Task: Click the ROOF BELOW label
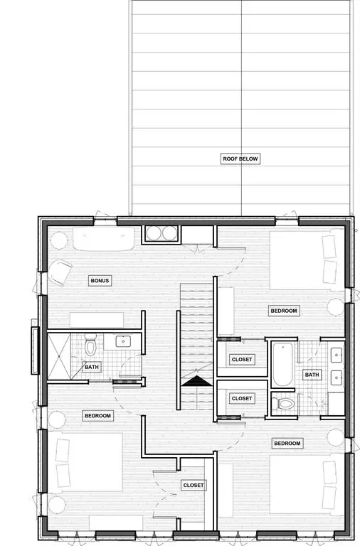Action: click(240, 159)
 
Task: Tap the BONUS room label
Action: click(100, 281)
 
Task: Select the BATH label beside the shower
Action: click(92, 367)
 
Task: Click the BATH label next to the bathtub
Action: click(312, 375)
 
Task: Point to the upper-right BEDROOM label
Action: click(284, 311)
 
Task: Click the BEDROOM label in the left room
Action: click(97, 416)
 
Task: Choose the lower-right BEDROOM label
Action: click(287, 444)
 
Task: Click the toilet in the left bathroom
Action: click(90, 344)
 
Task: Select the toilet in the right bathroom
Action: click(284, 404)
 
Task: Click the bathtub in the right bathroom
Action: click(282, 365)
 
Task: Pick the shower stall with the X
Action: click(59, 356)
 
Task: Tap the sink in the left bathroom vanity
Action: click(123, 341)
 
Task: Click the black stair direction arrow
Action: click(197, 381)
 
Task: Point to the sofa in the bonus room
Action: click(103, 239)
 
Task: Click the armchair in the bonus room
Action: click(60, 272)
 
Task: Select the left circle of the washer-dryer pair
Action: click(154, 233)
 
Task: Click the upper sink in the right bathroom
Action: click(337, 355)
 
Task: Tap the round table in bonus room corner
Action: click(59, 240)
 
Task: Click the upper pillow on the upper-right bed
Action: click(329, 247)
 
